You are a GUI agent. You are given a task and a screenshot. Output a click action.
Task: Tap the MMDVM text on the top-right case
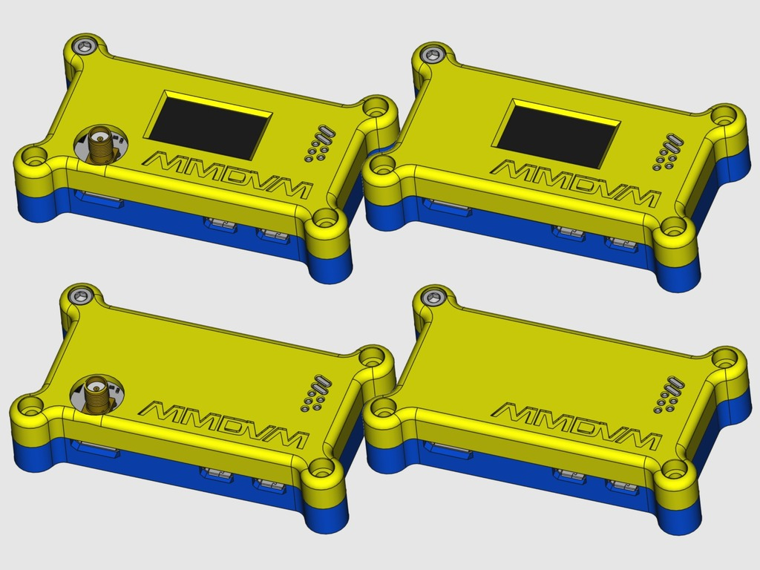576,183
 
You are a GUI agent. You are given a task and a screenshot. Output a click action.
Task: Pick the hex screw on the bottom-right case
433,298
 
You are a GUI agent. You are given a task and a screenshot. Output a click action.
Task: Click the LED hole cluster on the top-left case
320,144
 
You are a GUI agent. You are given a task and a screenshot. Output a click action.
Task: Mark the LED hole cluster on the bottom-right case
669,395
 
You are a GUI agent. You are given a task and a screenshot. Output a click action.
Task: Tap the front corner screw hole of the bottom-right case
674,469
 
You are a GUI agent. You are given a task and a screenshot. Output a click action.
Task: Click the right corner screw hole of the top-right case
724,115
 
